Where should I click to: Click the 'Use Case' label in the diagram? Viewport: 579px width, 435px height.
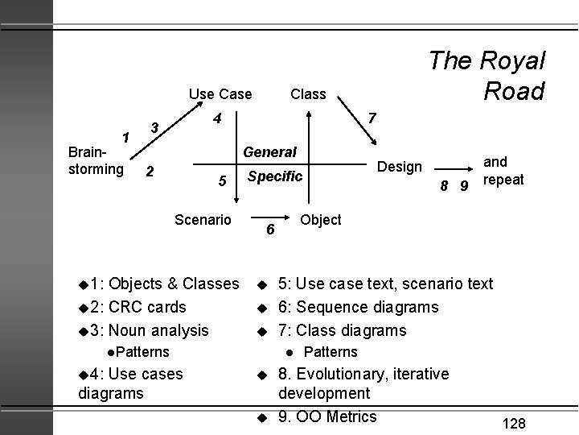pos(220,94)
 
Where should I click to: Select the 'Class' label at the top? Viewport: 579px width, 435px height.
pos(308,94)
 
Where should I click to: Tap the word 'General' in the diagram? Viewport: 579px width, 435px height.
pos(270,151)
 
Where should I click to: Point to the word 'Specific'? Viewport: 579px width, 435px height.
pos(275,176)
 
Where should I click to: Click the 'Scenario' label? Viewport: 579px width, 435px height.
pos(203,219)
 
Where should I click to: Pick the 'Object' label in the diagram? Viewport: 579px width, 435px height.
pos(321,219)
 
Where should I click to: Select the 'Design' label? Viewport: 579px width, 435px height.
pos(400,167)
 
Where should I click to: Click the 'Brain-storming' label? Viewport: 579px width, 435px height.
pos(96,160)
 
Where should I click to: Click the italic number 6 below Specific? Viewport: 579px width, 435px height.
pos(271,230)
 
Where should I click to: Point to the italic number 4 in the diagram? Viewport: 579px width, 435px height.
pos(217,119)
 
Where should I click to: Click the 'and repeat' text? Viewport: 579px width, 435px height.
pos(503,171)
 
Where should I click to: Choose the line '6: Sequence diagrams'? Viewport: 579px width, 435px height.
pos(359,307)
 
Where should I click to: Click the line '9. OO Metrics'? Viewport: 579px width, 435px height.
pos(327,416)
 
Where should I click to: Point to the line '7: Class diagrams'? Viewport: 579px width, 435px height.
pos(343,329)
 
